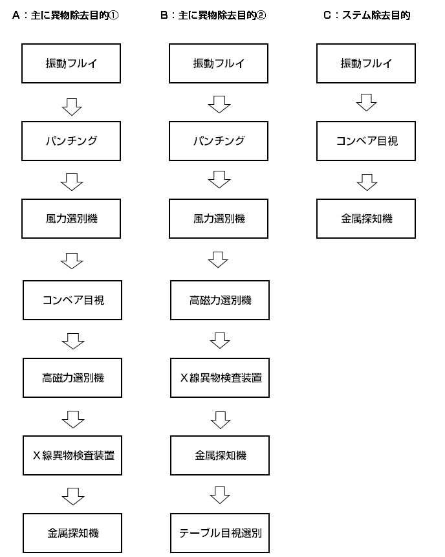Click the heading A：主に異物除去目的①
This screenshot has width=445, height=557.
65,16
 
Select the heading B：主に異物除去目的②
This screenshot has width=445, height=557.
213,16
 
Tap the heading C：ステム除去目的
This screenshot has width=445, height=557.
367,16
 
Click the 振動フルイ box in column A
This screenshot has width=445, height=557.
71,63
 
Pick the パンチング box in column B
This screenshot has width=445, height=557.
219,141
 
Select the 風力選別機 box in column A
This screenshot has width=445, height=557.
71,219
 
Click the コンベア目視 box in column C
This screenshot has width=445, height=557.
366,141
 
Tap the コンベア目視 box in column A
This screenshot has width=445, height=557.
72,300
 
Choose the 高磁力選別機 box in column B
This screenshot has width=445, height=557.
220,300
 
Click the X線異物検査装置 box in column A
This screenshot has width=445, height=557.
72,455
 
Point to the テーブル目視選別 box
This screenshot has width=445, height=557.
220,533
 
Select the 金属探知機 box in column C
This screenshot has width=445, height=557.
366,219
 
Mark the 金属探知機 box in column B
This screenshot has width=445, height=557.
220,455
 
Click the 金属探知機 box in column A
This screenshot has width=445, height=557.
72,533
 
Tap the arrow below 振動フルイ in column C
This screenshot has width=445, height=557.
367,102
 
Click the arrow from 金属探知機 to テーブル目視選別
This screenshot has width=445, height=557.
220,495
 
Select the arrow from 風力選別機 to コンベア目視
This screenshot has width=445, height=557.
72,261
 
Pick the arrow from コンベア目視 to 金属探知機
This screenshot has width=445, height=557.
367,182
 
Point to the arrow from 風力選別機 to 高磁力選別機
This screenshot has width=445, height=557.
218,259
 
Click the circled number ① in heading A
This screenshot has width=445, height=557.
114,16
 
